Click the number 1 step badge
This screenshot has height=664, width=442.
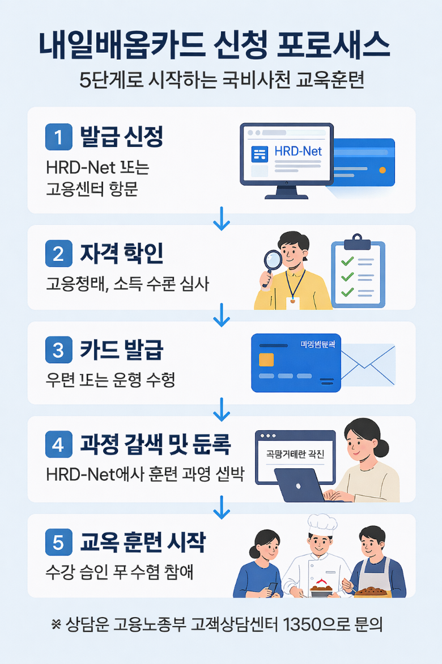coord(59,137)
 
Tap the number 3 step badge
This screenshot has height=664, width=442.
coord(59,350)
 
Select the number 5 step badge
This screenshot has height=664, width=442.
coord(59,543)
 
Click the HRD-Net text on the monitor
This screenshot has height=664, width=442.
coord(297,152)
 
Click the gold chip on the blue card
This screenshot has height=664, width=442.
coord(266,360)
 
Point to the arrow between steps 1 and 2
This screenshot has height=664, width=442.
coord(221,220)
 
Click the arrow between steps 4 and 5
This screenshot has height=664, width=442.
coord(221,508)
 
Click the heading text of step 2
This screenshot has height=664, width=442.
coord(122,254)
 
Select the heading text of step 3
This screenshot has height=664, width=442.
coord(122,350)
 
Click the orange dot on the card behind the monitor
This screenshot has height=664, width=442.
coord(382,170)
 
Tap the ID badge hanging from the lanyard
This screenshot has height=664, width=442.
coord(293,303)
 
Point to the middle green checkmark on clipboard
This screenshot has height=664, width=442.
coord(347,277)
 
